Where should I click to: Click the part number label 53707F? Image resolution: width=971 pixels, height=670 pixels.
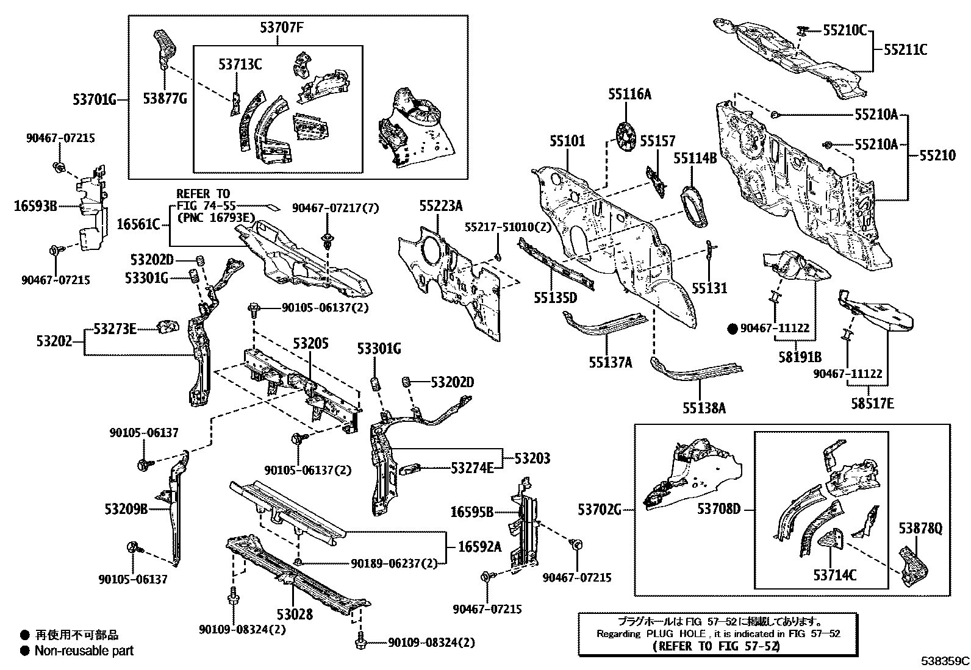278,27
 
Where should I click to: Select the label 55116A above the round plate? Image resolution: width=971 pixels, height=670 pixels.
629,94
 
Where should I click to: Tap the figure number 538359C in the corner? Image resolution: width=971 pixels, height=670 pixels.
945,661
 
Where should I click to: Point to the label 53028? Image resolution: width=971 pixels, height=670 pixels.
294,614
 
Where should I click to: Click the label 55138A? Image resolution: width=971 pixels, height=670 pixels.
704,408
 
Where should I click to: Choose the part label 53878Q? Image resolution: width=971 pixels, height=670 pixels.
921,529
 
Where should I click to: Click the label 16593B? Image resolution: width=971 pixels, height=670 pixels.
35,207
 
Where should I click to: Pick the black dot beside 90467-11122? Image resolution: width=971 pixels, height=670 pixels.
733,329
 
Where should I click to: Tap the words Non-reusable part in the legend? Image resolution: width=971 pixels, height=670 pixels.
84,651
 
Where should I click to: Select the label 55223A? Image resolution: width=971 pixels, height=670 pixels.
440,206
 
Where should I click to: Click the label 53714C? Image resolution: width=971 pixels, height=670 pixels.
834,574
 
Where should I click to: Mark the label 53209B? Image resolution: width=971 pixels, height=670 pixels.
126,509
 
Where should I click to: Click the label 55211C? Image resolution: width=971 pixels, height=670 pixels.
905,50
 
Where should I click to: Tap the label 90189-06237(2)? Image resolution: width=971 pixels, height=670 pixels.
394,564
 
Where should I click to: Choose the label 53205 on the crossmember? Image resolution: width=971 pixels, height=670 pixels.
310,343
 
